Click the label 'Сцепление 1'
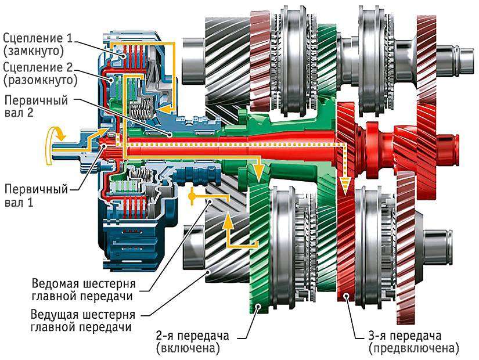click(38, 38)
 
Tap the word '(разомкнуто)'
click(40, 80)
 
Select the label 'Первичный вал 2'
click(36, 106)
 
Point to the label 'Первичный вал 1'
click(36, 196)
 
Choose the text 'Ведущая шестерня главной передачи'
click(83, 321)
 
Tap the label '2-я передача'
click(192, 335)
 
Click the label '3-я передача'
click(405, 335)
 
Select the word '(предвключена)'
click(414, 348)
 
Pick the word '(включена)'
click(188, 348)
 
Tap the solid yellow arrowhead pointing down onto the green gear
click(259, 174)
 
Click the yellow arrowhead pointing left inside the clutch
click(164, 109)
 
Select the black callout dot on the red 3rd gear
click(345, 296)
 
